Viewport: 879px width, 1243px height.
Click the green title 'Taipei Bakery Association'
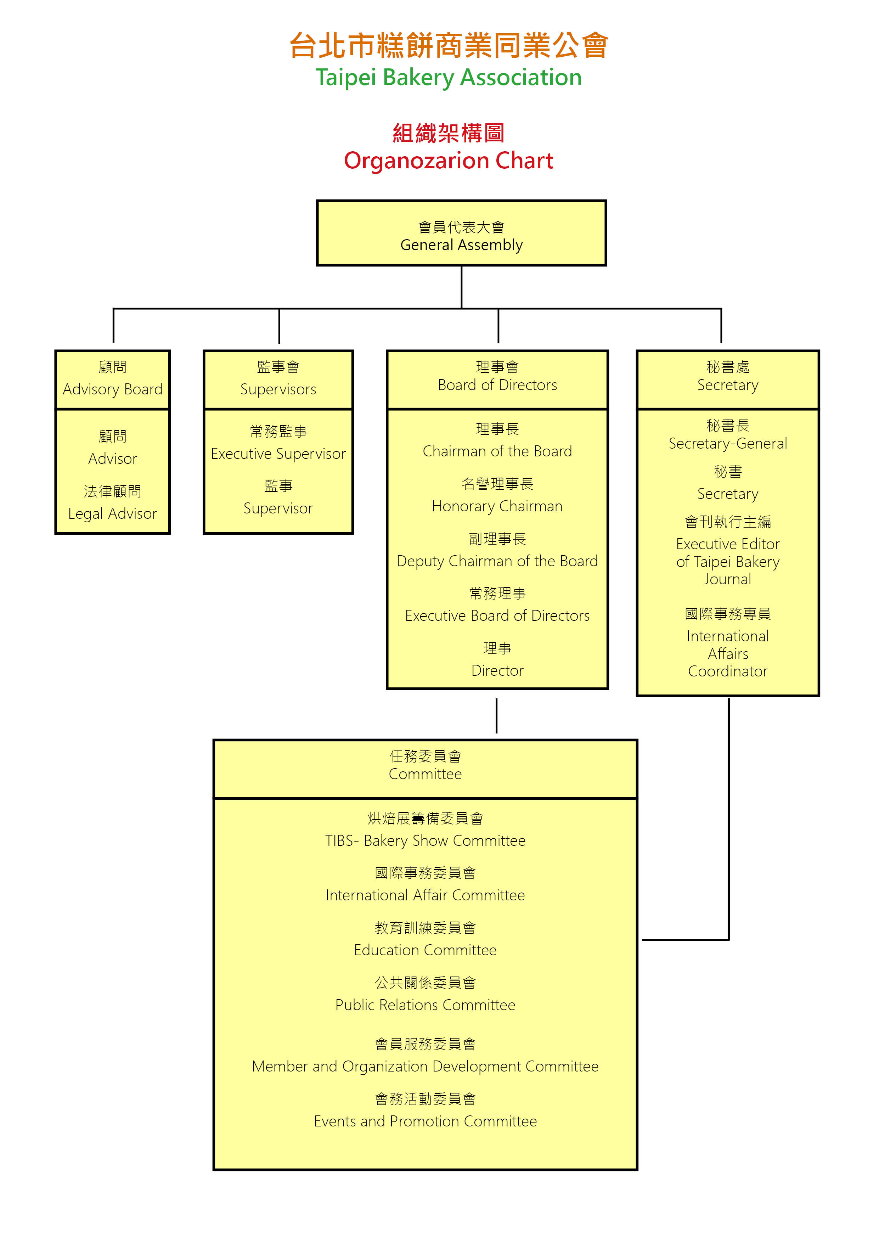pyautogui.click(x=448, y=77)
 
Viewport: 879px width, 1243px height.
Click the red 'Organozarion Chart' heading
pyautogui.click(x=448, y=161)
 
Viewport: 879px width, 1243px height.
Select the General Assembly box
pyautogui.click(x=461, y=234)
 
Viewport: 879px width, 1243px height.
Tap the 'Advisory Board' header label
pyautogui.click(x=113, y=389)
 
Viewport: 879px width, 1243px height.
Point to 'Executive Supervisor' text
pyautogui.click(x=278, y=454)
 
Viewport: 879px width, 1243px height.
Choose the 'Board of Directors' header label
pyautogui.click(x=497, y=385)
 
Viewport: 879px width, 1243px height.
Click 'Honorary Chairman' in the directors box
pyautogui.click(x=497, y=506)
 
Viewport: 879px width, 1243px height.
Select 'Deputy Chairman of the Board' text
pyautogui.click(x=497, y=561)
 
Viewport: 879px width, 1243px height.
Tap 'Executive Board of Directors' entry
pyautogui.click(x=497, y=615)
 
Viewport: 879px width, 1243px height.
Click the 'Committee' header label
pyautogui.click(x=426, y=774)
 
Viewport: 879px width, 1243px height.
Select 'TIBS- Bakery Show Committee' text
pyautogui.click(x=426, y=841)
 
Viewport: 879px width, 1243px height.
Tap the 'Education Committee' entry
pyautogui.click(x=426, y=950)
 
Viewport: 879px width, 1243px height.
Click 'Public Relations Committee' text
pyautogui.click(x=426, y=1005)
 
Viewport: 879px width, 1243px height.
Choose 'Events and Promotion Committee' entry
pyautogui.click(x=426, y=1121)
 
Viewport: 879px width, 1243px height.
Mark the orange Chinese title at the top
pyautogui.click(x=448, y=45)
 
